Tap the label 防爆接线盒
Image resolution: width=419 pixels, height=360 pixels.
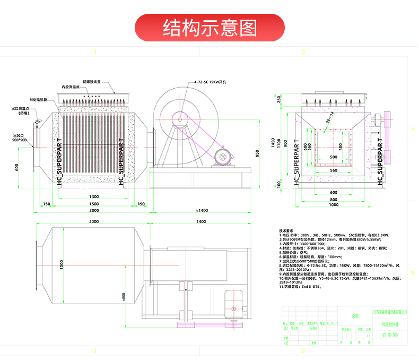click(x=95, y=82)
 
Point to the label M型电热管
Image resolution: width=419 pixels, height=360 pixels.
click(x=39, y=99)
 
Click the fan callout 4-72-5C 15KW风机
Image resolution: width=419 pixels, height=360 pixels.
click(x=210, y=82)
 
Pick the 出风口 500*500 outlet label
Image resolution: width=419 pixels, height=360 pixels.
click(x=20, y=138)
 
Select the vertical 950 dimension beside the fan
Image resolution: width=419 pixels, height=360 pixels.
click(x=257, y=154)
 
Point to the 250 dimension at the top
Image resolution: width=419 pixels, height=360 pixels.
click(x=278, y=99)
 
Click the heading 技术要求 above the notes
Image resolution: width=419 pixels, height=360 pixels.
click(x=286, y=231)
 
